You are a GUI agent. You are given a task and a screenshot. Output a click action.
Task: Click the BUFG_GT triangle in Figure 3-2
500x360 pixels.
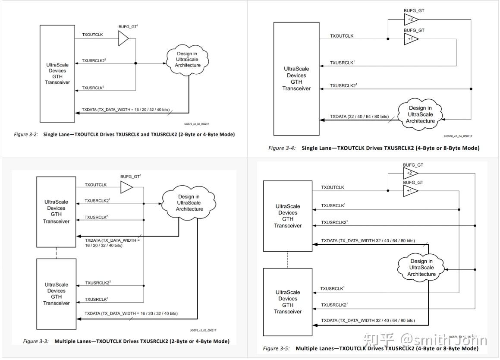[123, 39]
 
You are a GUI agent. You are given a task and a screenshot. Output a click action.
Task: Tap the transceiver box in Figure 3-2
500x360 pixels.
[57, 73]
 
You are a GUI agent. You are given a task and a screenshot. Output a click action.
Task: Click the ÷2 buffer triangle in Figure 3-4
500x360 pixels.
[410, 19]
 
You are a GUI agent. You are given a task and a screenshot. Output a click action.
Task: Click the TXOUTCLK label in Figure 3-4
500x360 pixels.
[342, 36]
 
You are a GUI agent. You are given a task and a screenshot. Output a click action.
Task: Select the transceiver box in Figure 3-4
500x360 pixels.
[296, 79]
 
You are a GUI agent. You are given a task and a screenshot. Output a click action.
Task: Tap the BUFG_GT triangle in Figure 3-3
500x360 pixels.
[126, 187]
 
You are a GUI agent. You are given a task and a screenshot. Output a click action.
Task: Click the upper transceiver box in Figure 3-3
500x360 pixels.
[56, 211]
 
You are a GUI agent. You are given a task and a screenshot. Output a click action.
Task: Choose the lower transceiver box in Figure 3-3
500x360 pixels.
[56, 294]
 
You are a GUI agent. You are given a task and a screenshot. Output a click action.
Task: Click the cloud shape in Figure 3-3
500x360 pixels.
[189, 202]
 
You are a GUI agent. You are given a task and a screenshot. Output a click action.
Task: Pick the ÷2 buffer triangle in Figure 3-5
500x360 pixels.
[410, 174]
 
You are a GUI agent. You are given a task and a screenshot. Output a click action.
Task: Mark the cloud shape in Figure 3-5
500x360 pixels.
[421, 267]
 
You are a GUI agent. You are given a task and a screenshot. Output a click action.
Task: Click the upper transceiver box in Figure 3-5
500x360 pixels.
[287, 216]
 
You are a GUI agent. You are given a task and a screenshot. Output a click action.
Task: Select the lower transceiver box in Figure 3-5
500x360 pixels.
[287, 302]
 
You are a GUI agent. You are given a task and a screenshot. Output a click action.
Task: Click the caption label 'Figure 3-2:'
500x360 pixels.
[25, 134]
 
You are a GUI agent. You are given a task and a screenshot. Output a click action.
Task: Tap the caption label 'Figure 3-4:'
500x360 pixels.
[282, 148]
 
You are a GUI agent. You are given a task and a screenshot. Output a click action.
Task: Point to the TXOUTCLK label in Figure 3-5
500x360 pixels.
[332, 187]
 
